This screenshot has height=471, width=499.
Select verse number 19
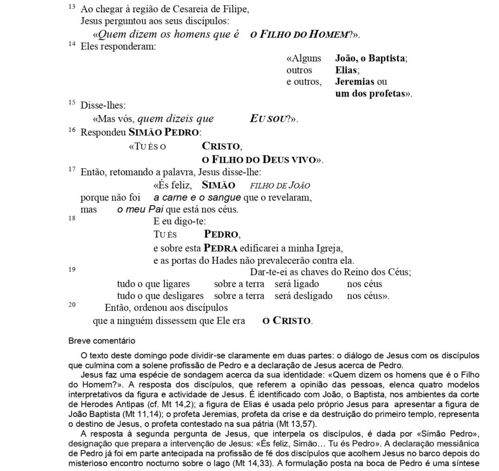click(x=72, y=269)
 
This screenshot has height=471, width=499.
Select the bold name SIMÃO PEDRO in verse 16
click(x=163, y=132)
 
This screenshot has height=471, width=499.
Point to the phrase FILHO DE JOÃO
click(x=280, y=185)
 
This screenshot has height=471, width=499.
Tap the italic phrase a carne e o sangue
click(x=197, y=197)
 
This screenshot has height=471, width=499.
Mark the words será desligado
click(x=303, y=296)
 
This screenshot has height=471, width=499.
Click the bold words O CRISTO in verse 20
click(x=287, y=321)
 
